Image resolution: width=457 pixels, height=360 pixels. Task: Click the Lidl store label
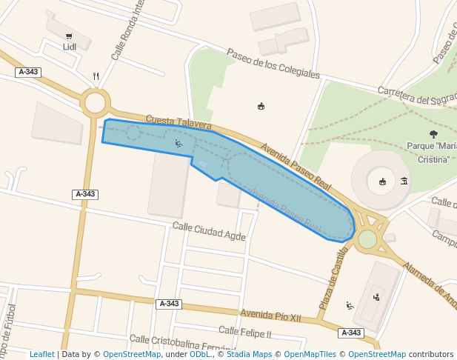point(70,47)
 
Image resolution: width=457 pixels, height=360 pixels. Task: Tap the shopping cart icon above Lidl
point(69,36)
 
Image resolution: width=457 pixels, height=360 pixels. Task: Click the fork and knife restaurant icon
point(96,76)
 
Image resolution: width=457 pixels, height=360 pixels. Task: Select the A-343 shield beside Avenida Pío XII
point(169,304)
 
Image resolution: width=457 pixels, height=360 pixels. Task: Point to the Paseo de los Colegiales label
point(273,64)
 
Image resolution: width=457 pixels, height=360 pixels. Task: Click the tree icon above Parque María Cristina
point(433,134)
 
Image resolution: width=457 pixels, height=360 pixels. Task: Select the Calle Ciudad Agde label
point(209,231)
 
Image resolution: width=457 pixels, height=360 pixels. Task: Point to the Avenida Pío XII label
point(270,315)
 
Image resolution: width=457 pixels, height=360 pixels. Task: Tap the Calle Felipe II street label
point(245,332)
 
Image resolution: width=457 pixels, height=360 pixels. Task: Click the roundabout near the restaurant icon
point(96,102)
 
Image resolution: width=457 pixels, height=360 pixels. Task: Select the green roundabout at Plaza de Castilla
point(367,239)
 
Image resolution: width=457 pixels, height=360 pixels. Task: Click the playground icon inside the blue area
point(179,143)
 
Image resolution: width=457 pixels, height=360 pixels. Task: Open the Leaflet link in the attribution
point(41,354)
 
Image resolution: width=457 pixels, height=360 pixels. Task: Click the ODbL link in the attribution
point(199,354)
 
